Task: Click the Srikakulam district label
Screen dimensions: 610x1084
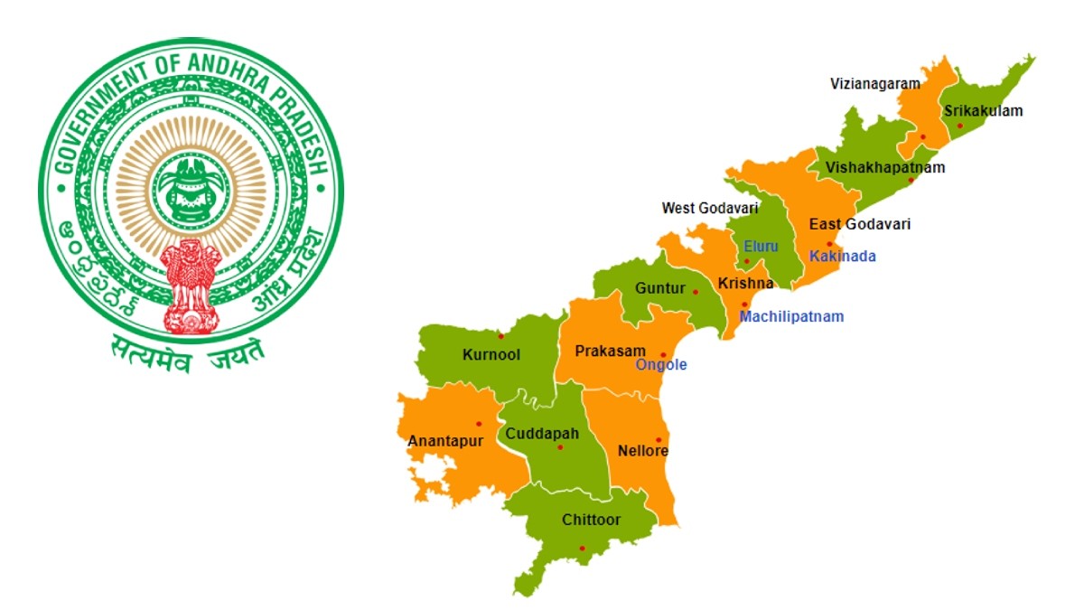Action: [983, 111]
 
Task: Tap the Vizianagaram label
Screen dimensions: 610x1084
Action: [874, 84]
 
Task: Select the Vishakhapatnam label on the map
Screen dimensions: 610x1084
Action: [884, 167]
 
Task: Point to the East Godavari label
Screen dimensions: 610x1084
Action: [859, 224]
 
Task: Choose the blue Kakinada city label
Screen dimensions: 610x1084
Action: [842, 257]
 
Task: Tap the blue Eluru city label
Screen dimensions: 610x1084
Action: [760, 246]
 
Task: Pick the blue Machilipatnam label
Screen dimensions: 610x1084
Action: [791, 317]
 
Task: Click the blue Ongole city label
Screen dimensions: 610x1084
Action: [661, 365]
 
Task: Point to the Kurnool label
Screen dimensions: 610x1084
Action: [491, 355]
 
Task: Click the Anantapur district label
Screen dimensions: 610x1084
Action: [445, 442]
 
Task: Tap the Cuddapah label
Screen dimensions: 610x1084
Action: [542, 434]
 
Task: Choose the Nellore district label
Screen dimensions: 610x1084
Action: [642, 450]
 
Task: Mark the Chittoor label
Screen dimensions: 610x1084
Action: [591, 520]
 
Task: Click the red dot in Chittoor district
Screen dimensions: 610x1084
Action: [582, 549]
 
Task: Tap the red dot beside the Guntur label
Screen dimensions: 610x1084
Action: [695, 291]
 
